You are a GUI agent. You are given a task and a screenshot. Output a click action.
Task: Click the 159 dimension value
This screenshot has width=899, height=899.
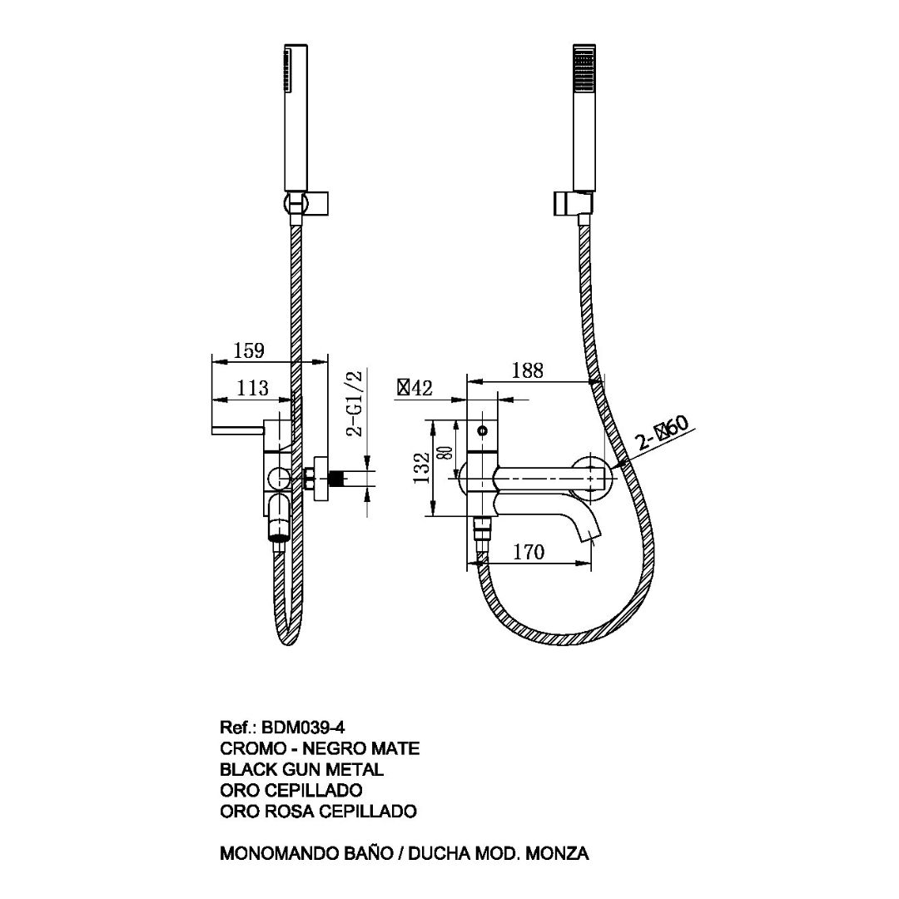point(248,350)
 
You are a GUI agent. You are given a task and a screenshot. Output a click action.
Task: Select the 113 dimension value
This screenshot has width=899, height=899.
point(252,388)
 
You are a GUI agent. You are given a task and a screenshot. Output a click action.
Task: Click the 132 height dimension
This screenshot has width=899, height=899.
point(421,469)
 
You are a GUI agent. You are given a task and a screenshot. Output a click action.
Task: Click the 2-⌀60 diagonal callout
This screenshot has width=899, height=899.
point(663,434)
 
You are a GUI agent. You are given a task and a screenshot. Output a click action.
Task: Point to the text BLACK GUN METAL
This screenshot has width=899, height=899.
point(301,769)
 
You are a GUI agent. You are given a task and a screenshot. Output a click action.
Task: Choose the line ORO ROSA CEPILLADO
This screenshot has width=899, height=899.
point(318,810)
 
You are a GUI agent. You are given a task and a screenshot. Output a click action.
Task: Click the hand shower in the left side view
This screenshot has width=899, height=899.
point(294,117)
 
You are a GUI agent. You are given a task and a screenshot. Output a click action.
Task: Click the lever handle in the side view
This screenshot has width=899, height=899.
point(237,430)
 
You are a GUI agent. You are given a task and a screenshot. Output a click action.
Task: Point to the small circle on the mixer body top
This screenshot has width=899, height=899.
point(482,432)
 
